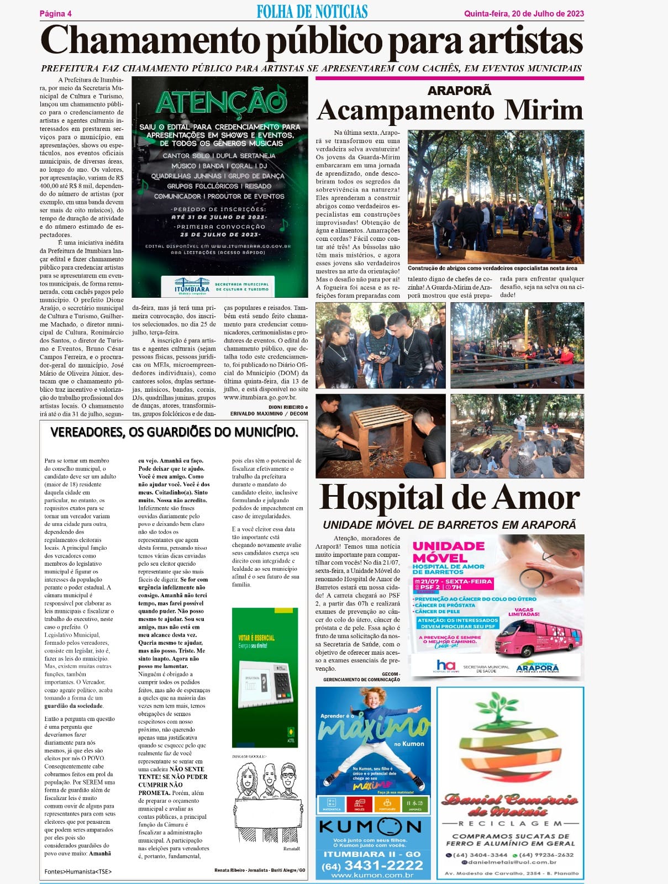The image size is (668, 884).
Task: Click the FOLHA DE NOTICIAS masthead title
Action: coord(312,12)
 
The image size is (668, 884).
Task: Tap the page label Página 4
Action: coord(56,14)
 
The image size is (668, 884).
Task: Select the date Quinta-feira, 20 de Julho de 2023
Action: coord(524,14)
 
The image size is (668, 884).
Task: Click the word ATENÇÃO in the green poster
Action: coord(220,102)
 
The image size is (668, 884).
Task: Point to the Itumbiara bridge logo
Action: coord(192,283)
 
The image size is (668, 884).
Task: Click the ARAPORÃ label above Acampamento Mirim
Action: coord(459,91)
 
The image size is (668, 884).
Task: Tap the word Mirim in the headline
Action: coord(544,110)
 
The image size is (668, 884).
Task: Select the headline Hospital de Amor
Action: coord(450,498)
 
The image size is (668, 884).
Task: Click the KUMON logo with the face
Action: coord(370,827)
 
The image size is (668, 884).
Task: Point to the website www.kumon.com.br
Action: coord(372,875)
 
